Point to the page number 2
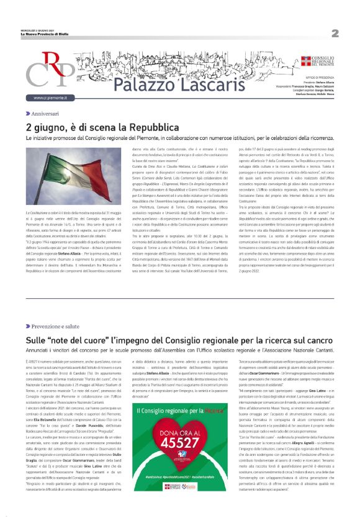coord(335,33)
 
